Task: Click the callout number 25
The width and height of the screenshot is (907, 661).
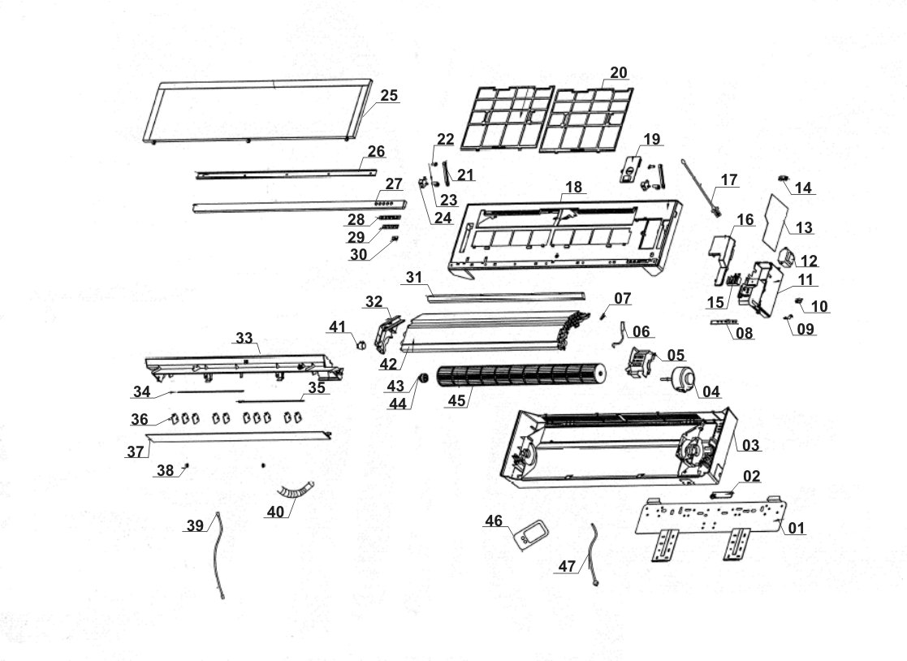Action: click(x=389, y=95)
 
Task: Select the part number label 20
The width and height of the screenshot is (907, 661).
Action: click(x=619, y=72)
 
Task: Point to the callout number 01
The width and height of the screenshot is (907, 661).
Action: click(x=796, y=529)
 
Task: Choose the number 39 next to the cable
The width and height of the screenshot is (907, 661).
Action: click(x=195, y=526)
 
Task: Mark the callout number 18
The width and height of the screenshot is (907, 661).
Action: click(x=573, y=188)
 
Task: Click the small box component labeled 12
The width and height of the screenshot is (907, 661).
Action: click(x=786, y=259)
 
